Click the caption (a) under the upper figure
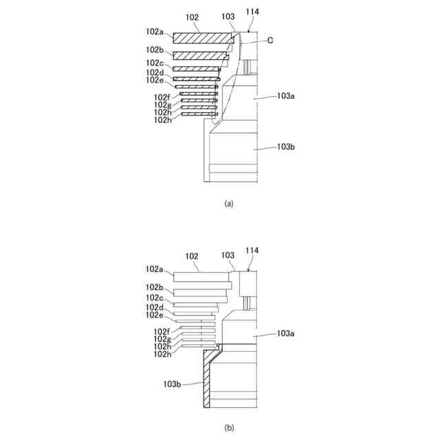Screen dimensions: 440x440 pos(229,203)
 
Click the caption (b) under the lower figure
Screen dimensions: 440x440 pos(229,428)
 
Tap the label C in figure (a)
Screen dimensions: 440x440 pos(270,41)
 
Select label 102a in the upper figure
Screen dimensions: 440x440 pos(155,32)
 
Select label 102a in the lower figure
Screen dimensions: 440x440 pos(155,269)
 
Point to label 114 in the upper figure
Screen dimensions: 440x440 pos(252,12)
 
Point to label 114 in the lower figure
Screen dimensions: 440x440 pos(252,251)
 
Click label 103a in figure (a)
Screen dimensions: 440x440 pos(286,97)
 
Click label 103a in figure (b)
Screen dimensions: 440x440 pos(286,333)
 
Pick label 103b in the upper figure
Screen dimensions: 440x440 pos(286,146)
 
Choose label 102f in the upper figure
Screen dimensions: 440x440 pos(162,97)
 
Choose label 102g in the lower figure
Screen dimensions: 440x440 pos(162,339)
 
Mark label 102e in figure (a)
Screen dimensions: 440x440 pos(155,80)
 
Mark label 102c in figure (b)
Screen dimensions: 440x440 pos(155,298)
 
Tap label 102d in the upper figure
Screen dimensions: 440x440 pos(155,73)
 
